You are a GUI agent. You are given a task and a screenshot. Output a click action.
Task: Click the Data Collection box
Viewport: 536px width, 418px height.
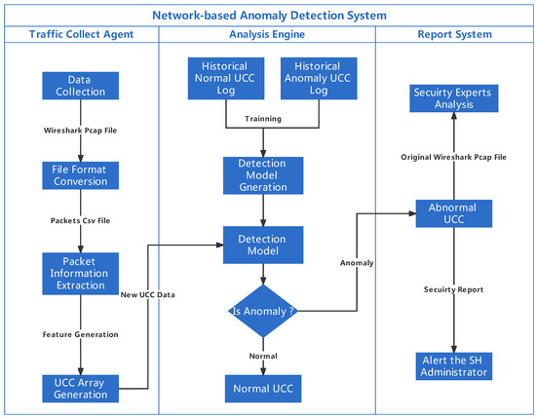click(x=80, y=85)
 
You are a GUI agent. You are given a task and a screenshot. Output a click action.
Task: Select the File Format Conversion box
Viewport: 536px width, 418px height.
click(x=80, y=175)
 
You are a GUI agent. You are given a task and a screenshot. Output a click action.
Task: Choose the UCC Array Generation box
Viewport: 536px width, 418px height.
click(x=80, y=389)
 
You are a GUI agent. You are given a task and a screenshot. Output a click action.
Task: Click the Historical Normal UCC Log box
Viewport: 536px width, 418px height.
click(x=227, y=77)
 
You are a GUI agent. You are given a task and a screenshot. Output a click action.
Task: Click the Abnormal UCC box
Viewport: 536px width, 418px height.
click(x=451, y=213)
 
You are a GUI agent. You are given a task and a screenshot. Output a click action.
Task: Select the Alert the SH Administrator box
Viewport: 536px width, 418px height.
click(x=451, y=367)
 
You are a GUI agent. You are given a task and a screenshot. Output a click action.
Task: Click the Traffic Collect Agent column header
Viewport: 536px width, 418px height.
click(x=80, y=36)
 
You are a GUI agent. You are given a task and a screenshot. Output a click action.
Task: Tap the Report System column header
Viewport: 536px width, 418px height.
click(x=451, y=36)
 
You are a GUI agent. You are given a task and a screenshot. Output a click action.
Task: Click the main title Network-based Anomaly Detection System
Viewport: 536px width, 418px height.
click(x=267, y=15)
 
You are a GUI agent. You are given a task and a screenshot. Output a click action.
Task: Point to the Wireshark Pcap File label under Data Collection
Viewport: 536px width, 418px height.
click(x=80, y=129)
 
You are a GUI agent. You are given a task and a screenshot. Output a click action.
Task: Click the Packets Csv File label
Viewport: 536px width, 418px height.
click(x=80, y=220)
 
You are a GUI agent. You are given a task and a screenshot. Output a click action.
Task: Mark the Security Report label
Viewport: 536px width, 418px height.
click(x=451, y=289)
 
